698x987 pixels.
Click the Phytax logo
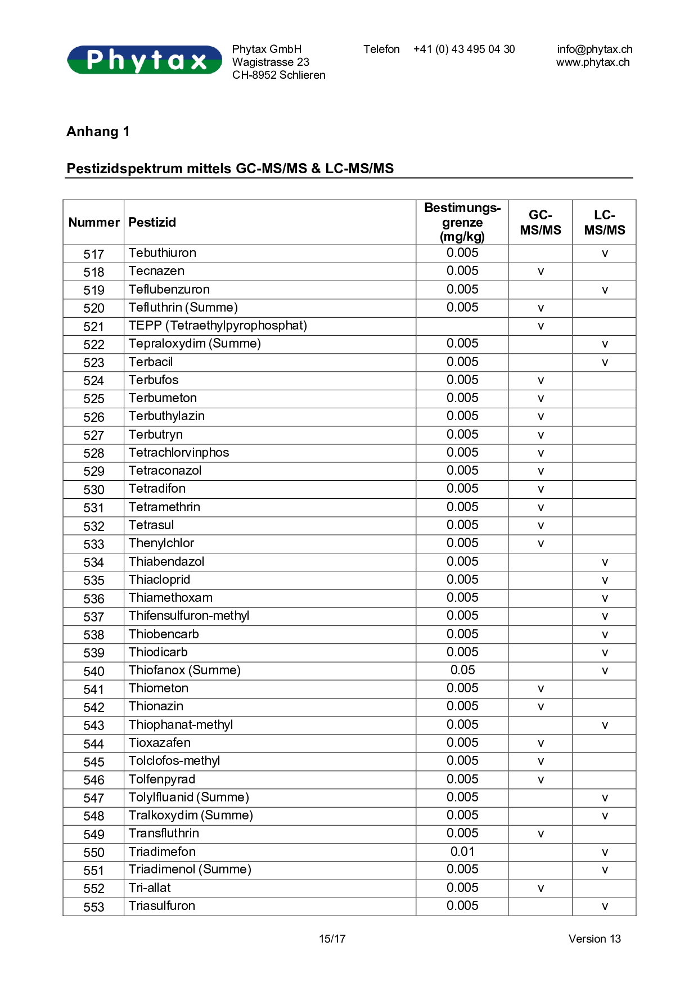point(145,60)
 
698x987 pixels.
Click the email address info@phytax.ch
point(595,49)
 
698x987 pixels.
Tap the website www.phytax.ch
point(593,62)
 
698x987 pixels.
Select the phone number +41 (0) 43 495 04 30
point(463,49)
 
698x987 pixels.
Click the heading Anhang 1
point(98,132)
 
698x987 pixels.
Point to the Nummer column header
point(94,223)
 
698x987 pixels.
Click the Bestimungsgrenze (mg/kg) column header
point(462,223)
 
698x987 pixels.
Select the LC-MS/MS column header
point(604,223)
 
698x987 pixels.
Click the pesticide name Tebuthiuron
point(163,253)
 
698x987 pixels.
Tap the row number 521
point(94,327)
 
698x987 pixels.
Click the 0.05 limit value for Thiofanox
point(462,670)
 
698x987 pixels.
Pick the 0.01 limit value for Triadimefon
point(462,852)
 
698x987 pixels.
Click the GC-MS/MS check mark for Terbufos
point(541,381)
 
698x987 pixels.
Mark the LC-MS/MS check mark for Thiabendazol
point(605,562)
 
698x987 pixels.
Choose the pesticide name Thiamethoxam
point(170,598)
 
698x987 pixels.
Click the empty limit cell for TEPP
point(462,326)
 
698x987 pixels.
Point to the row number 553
point(94,907)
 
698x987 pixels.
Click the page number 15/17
point(332,939)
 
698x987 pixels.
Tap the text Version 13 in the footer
point(595,939)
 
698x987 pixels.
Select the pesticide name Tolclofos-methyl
point(174,761)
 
